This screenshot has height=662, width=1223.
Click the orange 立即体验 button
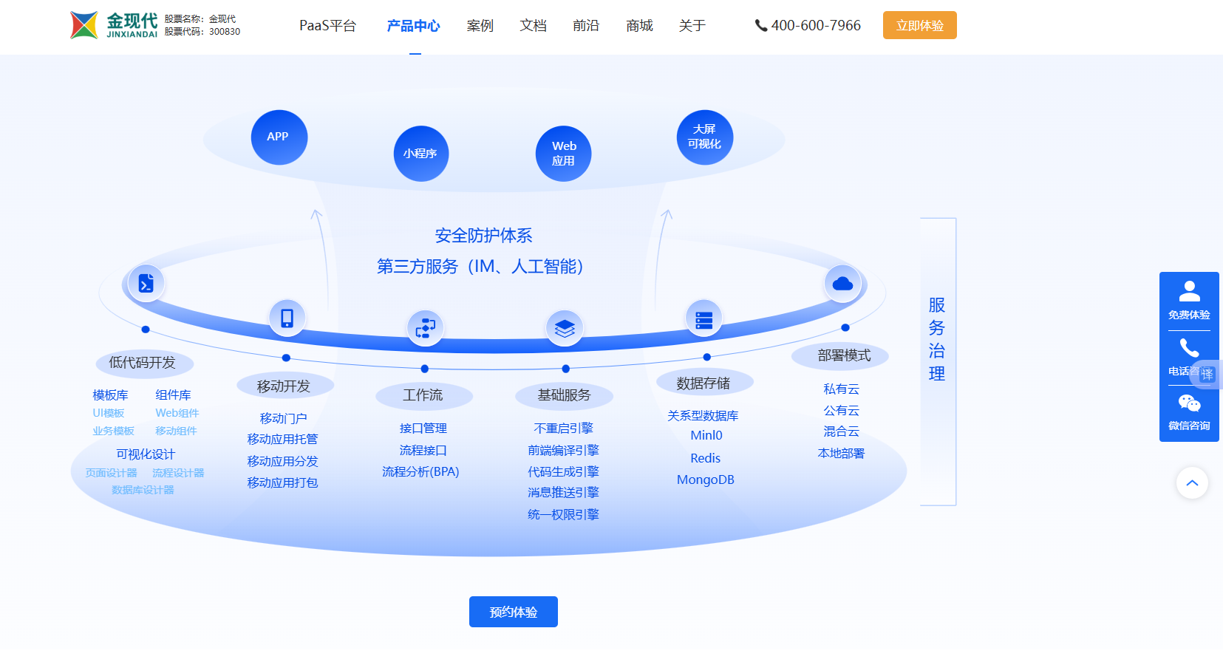point(919,25)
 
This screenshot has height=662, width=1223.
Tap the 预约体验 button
point(513,612)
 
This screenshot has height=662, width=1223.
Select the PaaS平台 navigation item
point(327,26)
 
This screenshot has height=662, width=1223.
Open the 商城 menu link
point(639,26)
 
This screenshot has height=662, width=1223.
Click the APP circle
point(279,137)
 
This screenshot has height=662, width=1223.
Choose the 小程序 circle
point(420,154)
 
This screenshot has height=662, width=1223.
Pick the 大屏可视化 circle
point(704,137)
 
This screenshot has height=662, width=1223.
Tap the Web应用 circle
point(563,154)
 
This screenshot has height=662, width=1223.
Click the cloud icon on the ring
point(842,284)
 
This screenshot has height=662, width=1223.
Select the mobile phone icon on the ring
point(287,318)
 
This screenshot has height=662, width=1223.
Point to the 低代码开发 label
point(143,363)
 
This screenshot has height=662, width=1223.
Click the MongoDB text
point(705,480)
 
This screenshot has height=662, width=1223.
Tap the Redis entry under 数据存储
point(705,458)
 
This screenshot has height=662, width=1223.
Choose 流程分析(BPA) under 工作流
point(420,471)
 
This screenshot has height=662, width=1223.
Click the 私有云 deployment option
point(841,389)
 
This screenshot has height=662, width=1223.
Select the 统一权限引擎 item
point(563,514)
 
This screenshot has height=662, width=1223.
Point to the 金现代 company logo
point(114,25)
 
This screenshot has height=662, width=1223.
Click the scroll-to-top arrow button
point(1192,483)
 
